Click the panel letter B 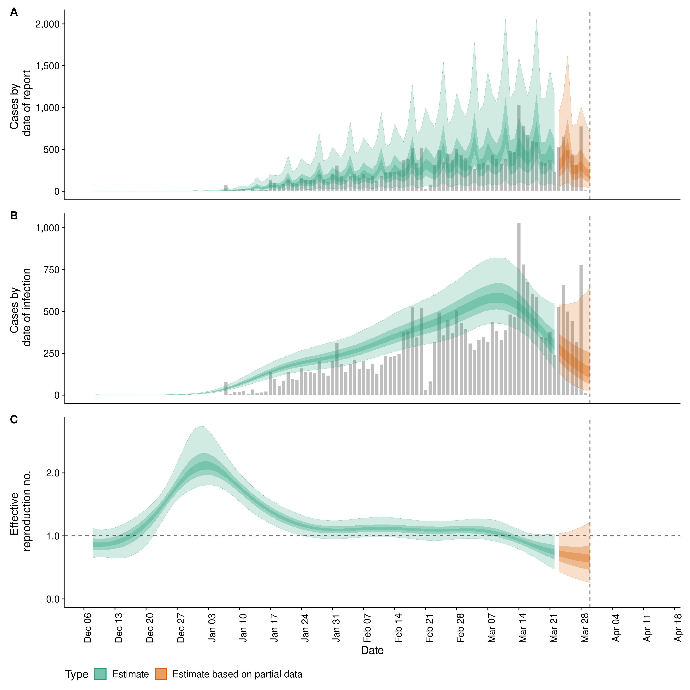(14, 216)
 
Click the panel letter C (14, 420)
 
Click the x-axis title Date (372, 650)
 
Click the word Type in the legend (76, 674)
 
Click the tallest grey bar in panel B (519, 309)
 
